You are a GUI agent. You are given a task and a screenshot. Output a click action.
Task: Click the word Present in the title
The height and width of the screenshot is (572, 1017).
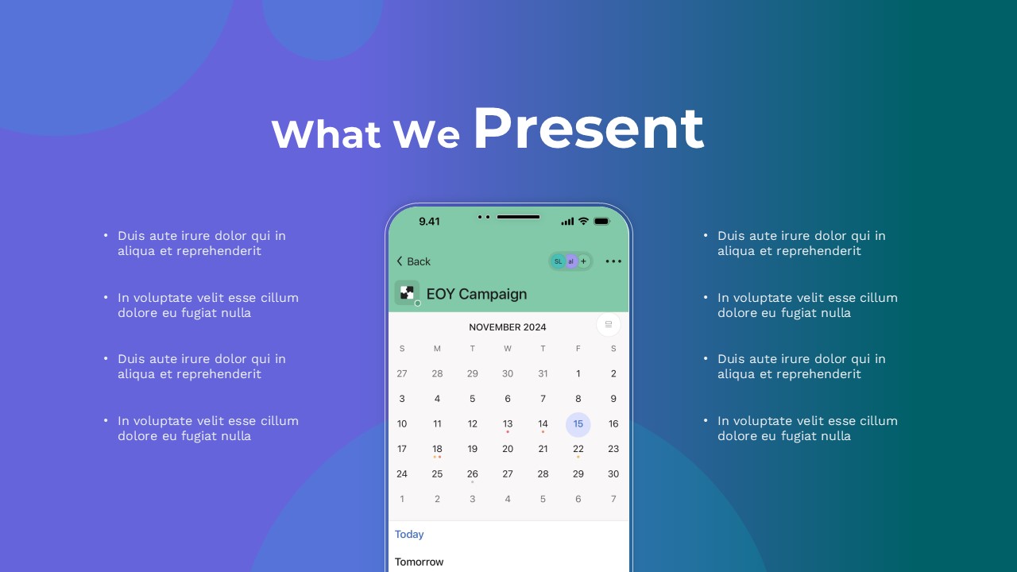click(589, 129)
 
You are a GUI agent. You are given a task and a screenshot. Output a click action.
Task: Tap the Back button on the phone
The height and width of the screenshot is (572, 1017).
click(413, 261)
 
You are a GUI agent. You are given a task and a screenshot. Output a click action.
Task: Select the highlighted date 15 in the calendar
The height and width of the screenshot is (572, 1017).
click(578, 424)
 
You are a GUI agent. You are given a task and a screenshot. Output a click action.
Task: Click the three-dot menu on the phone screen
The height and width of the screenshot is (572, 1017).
click(613, 261)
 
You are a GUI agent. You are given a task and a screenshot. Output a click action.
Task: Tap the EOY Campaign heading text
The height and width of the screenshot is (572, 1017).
click(476, 294)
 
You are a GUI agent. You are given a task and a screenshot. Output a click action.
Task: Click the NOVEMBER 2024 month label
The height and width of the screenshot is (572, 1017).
click(507, 327)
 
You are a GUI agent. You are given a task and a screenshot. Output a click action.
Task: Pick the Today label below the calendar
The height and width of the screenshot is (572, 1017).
click(409, 535)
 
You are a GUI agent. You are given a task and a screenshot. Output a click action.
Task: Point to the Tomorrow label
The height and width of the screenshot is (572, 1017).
click(419, 562)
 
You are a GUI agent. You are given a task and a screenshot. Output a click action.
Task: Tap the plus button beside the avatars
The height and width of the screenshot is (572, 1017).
click(583, 261)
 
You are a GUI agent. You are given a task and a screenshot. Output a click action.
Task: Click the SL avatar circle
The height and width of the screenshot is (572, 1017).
click(558, 261)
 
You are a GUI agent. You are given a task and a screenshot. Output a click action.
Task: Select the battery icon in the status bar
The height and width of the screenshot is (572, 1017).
click(601, 222)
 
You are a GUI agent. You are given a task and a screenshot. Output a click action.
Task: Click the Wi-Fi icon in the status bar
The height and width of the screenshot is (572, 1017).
click(583, 221)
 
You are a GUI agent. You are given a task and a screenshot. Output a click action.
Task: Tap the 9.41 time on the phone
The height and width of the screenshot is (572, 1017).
click(429, 222)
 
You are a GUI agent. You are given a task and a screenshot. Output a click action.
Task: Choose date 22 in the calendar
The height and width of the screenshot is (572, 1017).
click(578, 449)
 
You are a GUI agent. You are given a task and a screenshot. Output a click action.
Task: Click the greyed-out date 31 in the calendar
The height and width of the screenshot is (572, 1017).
click(543, 373)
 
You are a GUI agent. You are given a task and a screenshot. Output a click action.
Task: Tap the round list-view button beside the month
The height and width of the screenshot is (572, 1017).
click(609, 325)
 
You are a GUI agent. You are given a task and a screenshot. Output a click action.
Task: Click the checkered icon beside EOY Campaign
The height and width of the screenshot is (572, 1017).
click(407, 293)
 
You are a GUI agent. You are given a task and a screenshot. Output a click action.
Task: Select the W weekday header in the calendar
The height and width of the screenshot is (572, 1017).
click(508, 349)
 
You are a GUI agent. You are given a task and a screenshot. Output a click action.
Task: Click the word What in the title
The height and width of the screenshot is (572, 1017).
click(326, 134)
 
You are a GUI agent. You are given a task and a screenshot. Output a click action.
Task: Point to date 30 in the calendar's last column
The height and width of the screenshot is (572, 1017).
click(613, 474)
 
